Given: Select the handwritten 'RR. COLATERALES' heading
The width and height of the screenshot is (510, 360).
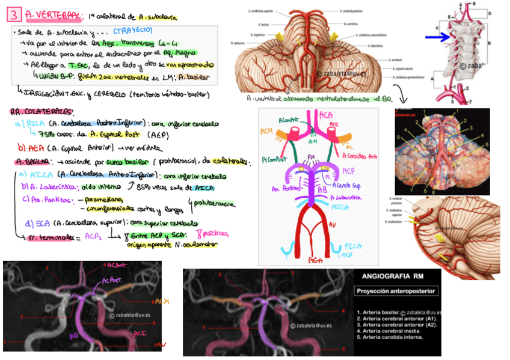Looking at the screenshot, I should pyautogui.click(x=41, y=111).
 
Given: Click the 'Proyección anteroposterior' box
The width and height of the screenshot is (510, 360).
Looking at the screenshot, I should pyautogui.click(x=396, y=291).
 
